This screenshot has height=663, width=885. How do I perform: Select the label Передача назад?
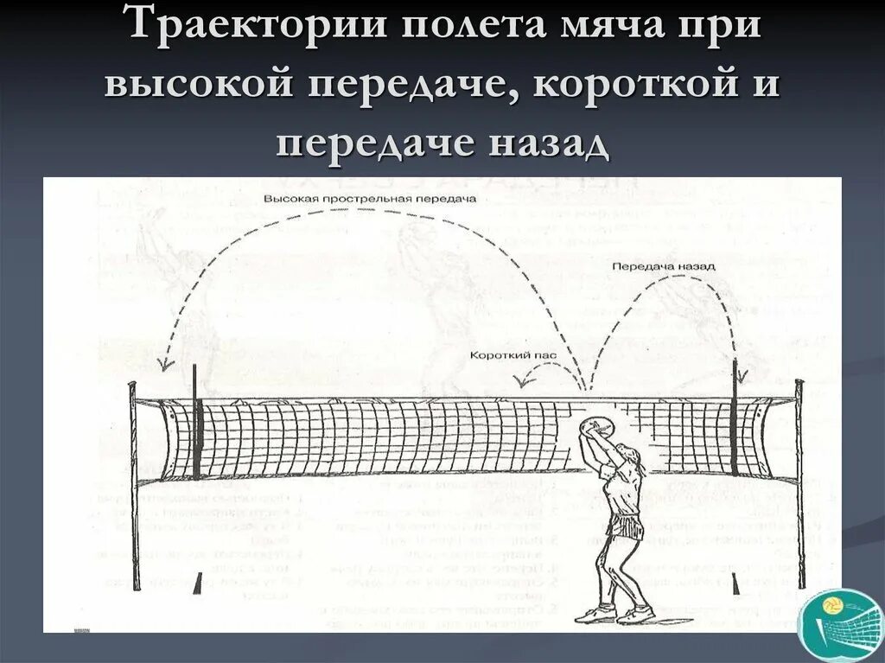pos(664,266)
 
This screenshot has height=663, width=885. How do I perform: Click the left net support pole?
pos(134,484)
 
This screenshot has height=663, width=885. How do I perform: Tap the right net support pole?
pos(799,484)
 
